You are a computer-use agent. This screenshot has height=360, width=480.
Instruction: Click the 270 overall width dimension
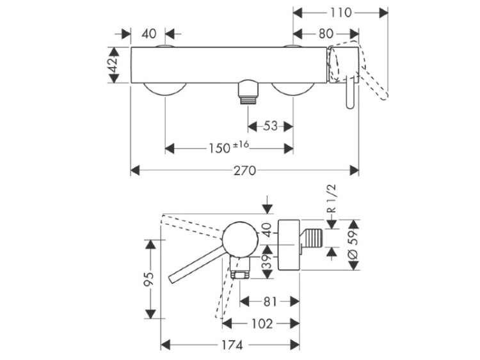click(x=244, y=171)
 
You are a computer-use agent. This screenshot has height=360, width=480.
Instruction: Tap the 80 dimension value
click(x=325, y=34)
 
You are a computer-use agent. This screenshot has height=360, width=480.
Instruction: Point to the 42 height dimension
click(x=113, y=65)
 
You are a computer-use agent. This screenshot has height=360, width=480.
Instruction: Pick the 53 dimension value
click(x=271, y=126)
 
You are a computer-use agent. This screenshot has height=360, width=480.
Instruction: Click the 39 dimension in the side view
click(x=268, y=262)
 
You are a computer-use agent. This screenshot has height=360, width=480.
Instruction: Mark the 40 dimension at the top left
click(x=149, y=34)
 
